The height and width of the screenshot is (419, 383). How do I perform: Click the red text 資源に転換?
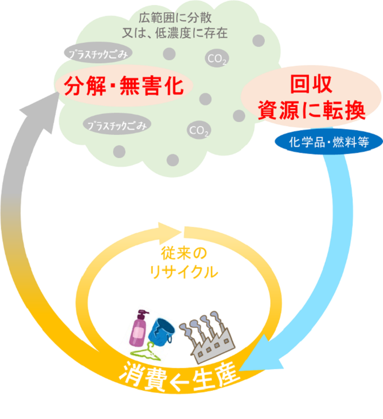point(311,110)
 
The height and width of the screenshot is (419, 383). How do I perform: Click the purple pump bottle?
point(139,329)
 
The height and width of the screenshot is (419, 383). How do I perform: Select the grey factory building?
point(210,337)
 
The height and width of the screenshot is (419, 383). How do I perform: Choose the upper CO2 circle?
point(216,59)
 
